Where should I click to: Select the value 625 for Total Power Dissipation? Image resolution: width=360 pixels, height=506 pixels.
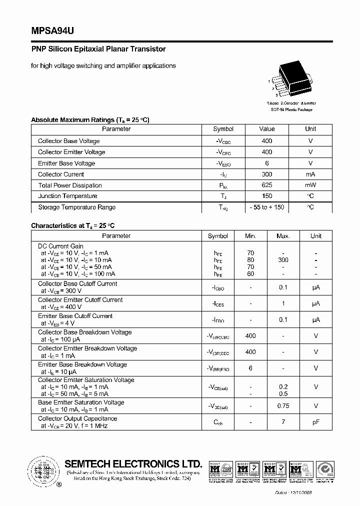266,185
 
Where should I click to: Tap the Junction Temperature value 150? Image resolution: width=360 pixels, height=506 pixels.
266,196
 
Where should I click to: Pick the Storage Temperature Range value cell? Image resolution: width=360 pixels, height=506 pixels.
266,207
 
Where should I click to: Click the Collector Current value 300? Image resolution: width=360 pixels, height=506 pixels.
266,174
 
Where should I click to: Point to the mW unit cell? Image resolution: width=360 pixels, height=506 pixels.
310,185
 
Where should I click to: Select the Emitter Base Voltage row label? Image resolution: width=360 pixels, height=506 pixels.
66,163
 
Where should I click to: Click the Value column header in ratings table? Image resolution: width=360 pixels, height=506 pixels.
266,129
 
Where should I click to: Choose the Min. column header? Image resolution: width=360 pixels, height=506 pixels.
250,236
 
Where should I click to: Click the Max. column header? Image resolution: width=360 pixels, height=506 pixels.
283,236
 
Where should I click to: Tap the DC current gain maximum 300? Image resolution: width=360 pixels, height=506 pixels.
283,260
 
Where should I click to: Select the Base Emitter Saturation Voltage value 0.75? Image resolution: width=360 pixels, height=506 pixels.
283,406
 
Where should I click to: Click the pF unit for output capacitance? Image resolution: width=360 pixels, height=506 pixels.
316,422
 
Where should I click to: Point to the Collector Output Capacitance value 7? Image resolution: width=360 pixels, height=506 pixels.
283,422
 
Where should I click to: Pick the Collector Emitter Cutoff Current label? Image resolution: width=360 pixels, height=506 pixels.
80,300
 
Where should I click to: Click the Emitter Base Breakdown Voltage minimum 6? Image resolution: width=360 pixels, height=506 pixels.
250,368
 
